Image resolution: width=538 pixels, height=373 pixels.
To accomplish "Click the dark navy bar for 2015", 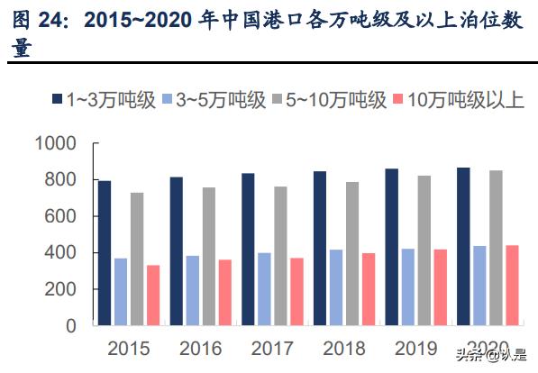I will point(105,253).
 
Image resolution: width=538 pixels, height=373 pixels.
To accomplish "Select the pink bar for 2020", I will point(511,285).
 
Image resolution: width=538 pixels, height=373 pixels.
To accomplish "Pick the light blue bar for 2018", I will point(335,287).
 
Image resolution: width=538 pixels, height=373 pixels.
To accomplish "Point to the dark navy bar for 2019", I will point(391,247).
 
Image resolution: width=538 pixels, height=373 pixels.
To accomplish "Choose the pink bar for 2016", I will point(224,292).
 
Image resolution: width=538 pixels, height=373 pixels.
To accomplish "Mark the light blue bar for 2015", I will point(121,292).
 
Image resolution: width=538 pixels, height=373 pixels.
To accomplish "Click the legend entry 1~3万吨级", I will point(104,100).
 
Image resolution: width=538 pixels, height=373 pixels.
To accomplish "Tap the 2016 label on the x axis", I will point(200,348).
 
